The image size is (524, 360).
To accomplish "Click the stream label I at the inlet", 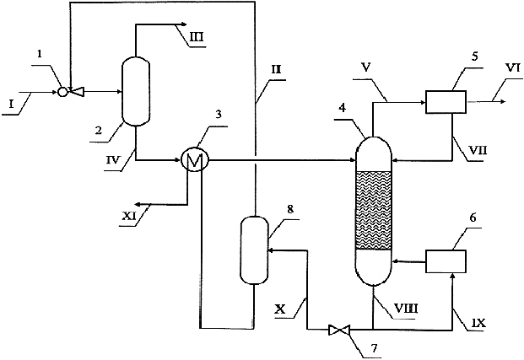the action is click(x=12, y=105).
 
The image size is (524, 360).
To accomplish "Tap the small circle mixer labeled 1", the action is click(x=62, y=92).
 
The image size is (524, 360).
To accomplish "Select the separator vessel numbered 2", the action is click(x=135, y=91).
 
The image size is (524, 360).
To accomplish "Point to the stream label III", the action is click(x=196, y=36).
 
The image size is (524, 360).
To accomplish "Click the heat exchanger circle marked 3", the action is click(x=194, y=160).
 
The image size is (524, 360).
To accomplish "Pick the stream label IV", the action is click(x=113, y=160).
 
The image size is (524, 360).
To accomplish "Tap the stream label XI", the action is click(x=128, y=217).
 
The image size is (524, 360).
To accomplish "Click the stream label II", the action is click(x=276, y=70).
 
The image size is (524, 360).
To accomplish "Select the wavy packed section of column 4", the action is click(x=373, y=211).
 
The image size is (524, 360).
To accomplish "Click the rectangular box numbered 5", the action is click(x=446, y=102).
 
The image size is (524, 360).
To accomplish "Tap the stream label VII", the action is click(x=478, y=150).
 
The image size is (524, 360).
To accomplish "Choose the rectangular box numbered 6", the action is click(x=446, y=261).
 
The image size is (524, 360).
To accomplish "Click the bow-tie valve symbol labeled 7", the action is click(x=339, y=330).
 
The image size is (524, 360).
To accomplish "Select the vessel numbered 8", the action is click(x=254, y=250).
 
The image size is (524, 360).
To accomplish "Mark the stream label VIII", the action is click(x=406, y=308).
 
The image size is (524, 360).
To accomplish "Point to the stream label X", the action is click(x=280, y=309).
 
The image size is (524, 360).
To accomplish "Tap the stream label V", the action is click(x=366, y=67).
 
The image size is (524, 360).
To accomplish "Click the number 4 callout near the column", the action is click(x=342, y=109).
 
